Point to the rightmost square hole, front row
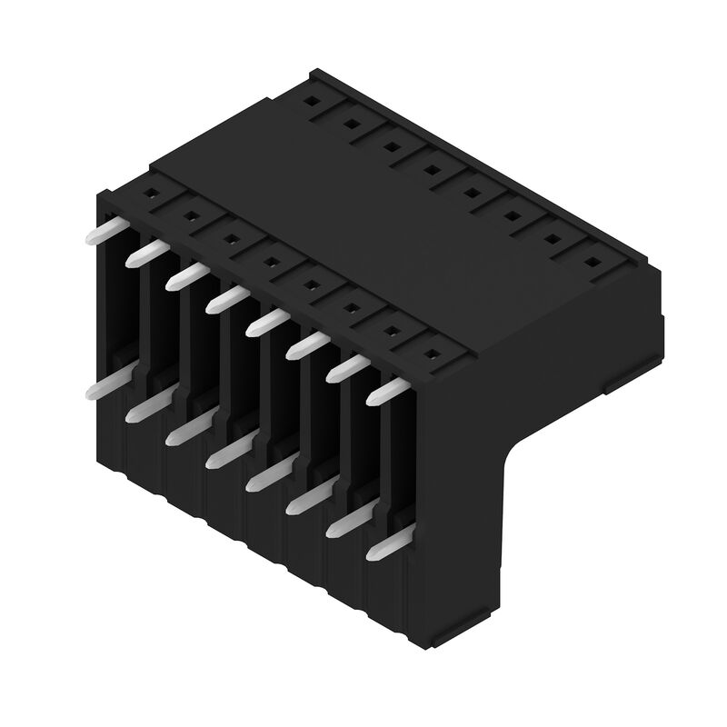click(429, 352)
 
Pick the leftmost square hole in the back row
click(311, 102)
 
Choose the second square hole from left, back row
click(351, 124)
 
